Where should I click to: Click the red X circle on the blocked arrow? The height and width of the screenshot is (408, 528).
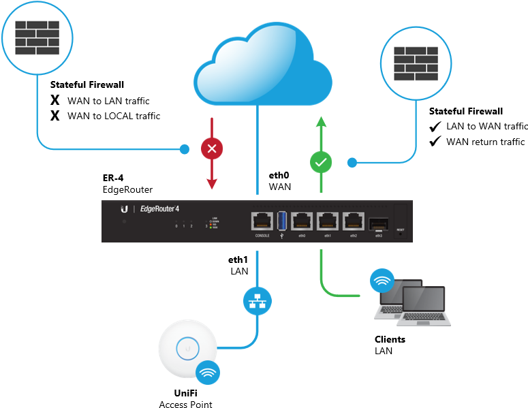[211, 148]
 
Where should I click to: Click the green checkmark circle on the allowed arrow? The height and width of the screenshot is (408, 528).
[320, 163]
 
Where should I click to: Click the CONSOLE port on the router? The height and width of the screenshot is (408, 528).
[262, 221]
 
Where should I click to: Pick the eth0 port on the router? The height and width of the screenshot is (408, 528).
[302, 221]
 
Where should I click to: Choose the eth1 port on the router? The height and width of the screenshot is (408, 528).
[328, 221]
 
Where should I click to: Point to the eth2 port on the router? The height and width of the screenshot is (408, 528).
[353, 221]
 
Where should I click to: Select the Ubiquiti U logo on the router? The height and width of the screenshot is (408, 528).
[125, 209]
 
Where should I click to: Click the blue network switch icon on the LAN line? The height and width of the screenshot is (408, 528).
[257, 300]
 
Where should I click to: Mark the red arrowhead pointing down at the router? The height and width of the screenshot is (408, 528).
[211, 183]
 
